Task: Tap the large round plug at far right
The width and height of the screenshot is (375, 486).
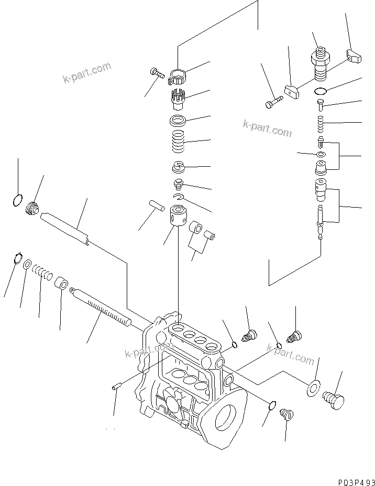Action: click(333, 399)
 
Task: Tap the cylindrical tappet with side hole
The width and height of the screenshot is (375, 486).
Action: click(179, 217)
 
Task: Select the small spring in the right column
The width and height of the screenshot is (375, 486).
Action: click(321, 125)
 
